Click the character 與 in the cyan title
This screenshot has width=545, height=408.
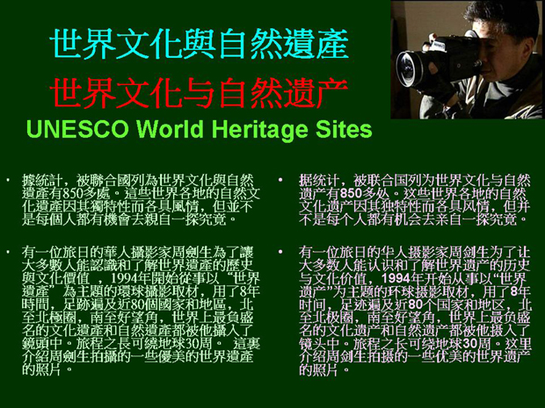click(200, 44)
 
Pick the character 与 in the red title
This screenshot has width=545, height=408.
click(200, 93)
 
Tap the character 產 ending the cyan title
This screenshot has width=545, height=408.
click(332, 44)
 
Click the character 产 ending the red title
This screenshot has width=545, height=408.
click(332, 93)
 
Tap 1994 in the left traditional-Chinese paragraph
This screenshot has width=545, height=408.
click(123, 278)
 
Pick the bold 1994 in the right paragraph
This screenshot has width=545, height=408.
click(396, 278)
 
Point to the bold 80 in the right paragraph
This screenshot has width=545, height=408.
click(415, 304)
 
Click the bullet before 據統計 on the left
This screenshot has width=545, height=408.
click(7, 181)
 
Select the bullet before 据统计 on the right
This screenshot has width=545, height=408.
click(280, 180)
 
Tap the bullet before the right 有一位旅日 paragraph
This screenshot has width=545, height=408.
click(280, 252)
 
